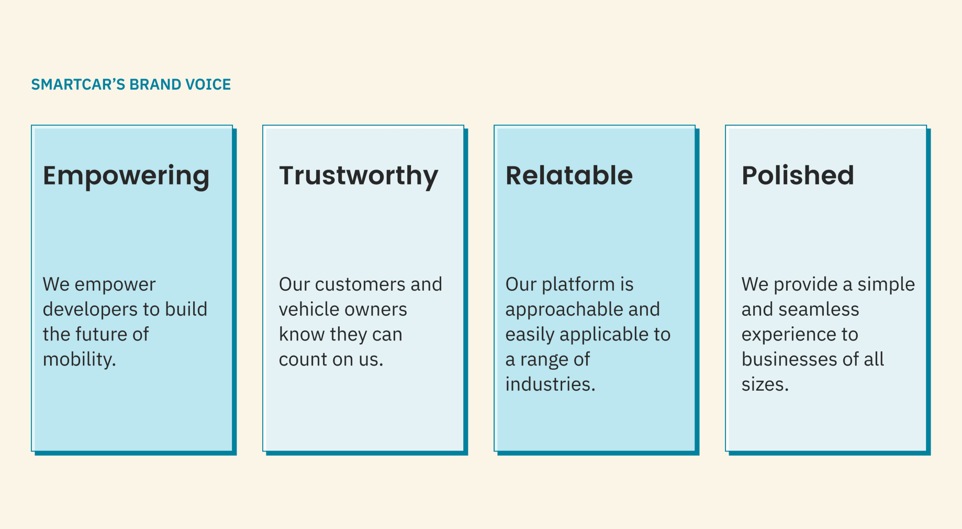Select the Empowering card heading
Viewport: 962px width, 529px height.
[126, 176]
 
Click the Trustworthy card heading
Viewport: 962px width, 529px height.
[359, 176]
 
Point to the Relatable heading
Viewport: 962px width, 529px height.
[569, 175]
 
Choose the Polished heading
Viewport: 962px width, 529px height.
[798, 175]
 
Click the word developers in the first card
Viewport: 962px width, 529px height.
[84, 310]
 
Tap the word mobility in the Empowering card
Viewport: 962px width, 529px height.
[77, 360]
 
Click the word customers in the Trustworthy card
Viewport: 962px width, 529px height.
[360, 284]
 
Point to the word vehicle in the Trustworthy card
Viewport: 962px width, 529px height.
[306, 310]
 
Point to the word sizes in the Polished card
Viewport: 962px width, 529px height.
[763, 384]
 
